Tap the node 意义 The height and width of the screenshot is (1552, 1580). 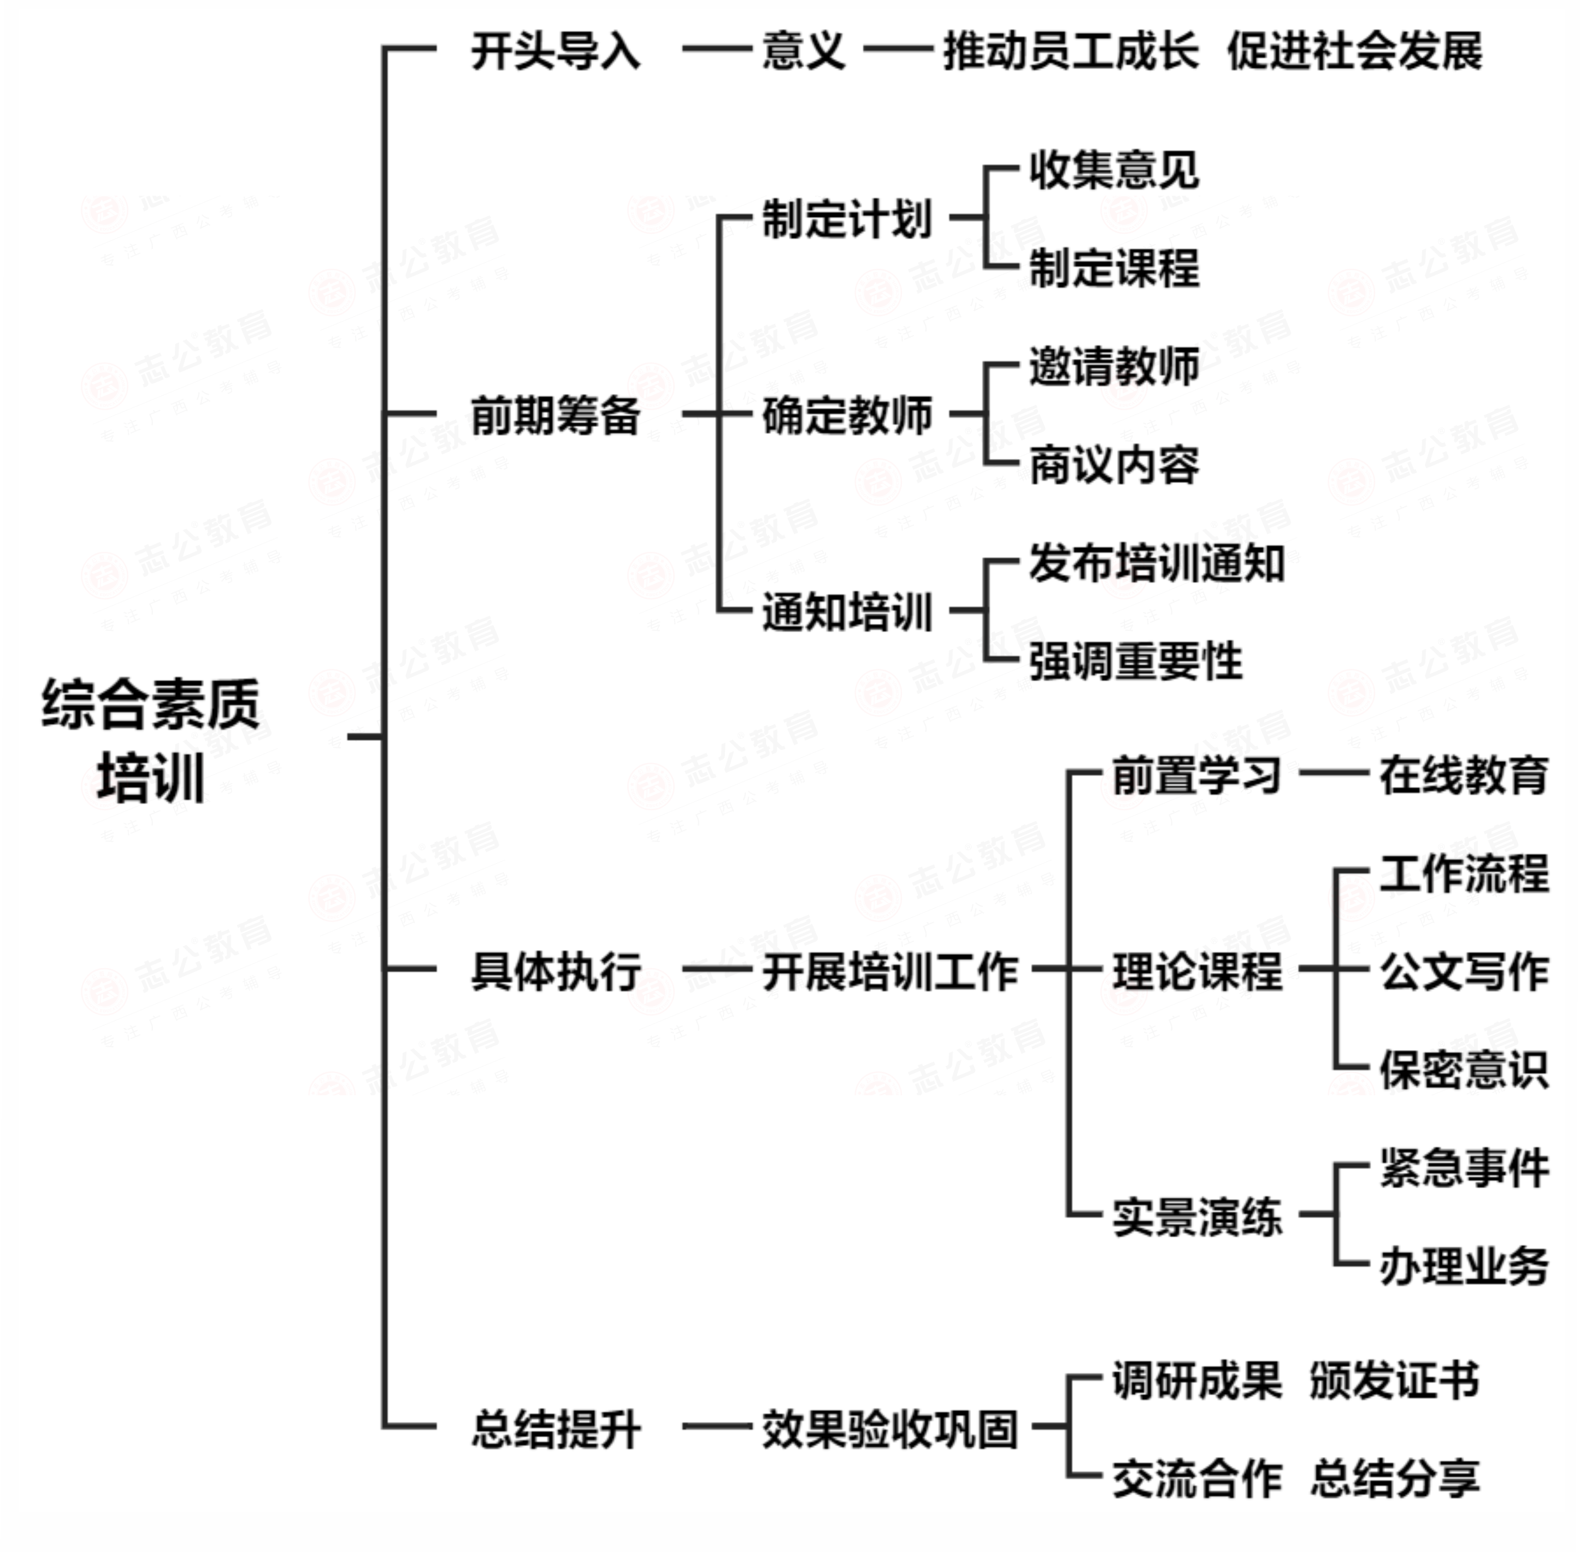click(x=804, y=51)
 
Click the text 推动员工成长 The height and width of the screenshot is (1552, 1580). click(x=1070, y=51)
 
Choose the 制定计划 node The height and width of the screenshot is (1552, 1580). click(x=847, y=219)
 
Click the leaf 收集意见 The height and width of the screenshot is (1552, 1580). click(x=1113, y=169)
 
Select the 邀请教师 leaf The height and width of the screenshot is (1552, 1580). click(x=1113, y=366)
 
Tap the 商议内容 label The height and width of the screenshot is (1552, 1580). click(x=1113, y=465)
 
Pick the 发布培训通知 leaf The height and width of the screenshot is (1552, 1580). click(x=1156, y=563)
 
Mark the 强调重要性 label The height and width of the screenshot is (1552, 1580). click(x=1135, y=661)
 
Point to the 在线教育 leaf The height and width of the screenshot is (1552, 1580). click(x=1464, y=775)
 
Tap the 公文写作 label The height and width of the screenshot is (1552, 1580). click(x=1464, y=971)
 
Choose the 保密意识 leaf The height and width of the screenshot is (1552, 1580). click(x=1464, y=1069)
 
